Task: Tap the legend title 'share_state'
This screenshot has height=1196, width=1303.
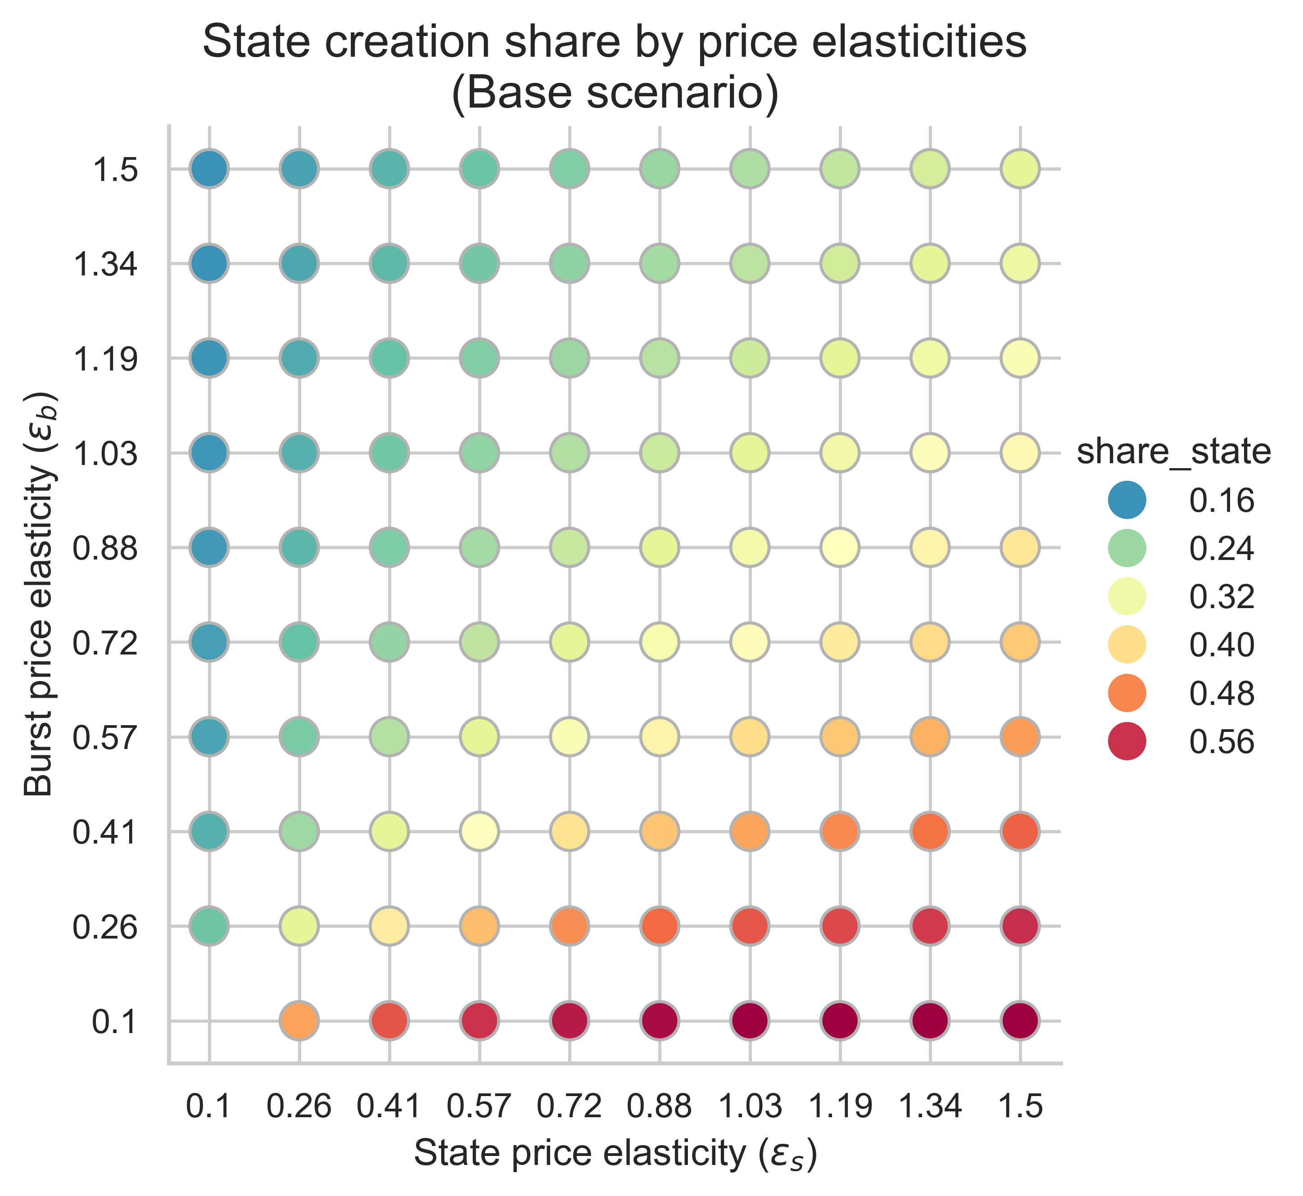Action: [1173, 452]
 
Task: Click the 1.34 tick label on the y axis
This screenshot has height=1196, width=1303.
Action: [105, 264]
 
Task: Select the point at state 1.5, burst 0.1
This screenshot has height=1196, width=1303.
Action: [1020, 1020]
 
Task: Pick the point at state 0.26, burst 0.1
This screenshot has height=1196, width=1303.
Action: [299, 1020]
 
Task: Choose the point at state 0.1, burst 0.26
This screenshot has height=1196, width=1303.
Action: [209, 926]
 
